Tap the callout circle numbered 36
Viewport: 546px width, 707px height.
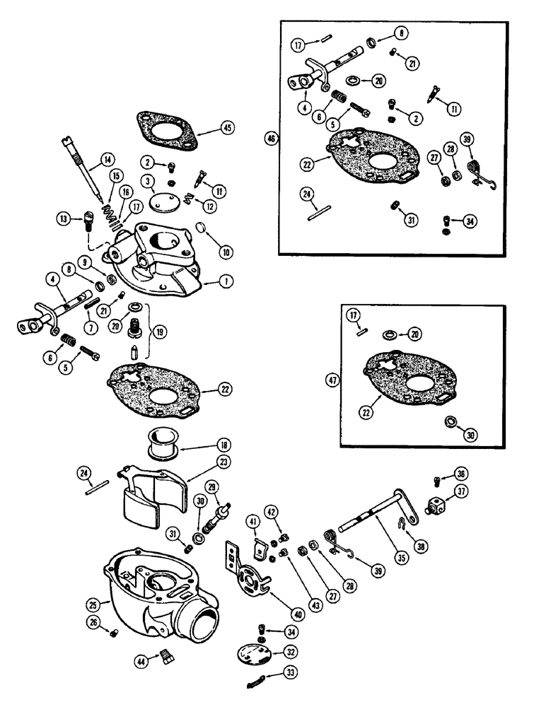(460, 474)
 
